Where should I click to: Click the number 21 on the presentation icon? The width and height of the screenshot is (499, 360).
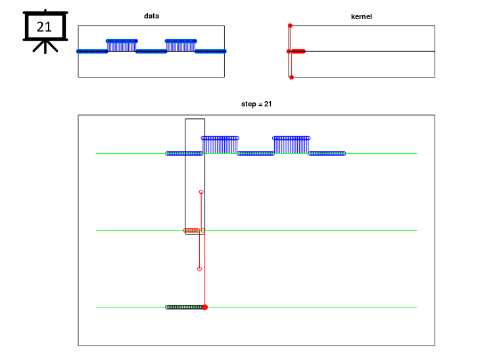point(44,27)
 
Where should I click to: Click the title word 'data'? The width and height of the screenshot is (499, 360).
point(151,16)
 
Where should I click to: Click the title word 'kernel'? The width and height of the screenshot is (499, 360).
point(361,16)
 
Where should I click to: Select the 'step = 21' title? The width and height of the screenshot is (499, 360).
point(256,104)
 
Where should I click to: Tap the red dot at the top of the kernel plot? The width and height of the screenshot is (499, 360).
point(290,26)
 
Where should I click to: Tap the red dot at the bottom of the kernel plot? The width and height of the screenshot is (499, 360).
point(291,78)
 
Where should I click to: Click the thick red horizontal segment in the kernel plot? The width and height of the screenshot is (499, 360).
point(298,51)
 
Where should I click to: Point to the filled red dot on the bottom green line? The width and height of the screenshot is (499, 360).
point(205,307)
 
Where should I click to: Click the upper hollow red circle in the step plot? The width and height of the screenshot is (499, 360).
point(201,192)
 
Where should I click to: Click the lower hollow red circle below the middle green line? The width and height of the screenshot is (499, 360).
point(200,269)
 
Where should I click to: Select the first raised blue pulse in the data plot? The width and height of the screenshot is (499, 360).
point(122,45)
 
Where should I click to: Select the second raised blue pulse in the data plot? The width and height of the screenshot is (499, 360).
point(181,45)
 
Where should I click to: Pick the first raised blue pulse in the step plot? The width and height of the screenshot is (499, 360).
point(220,145)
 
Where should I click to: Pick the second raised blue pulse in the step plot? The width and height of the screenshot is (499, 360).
point(291,145)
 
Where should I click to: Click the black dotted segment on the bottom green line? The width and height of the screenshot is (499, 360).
point(185,307)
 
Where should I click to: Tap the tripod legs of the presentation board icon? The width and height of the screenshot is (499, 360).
point(45,47)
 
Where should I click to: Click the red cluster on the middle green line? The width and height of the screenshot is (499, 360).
point(191,230)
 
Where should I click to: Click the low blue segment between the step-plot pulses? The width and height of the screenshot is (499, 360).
point(256,154)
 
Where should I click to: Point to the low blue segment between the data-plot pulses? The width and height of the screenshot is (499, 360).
point(151,51)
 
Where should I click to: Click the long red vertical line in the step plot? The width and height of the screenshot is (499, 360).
point(204,269)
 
